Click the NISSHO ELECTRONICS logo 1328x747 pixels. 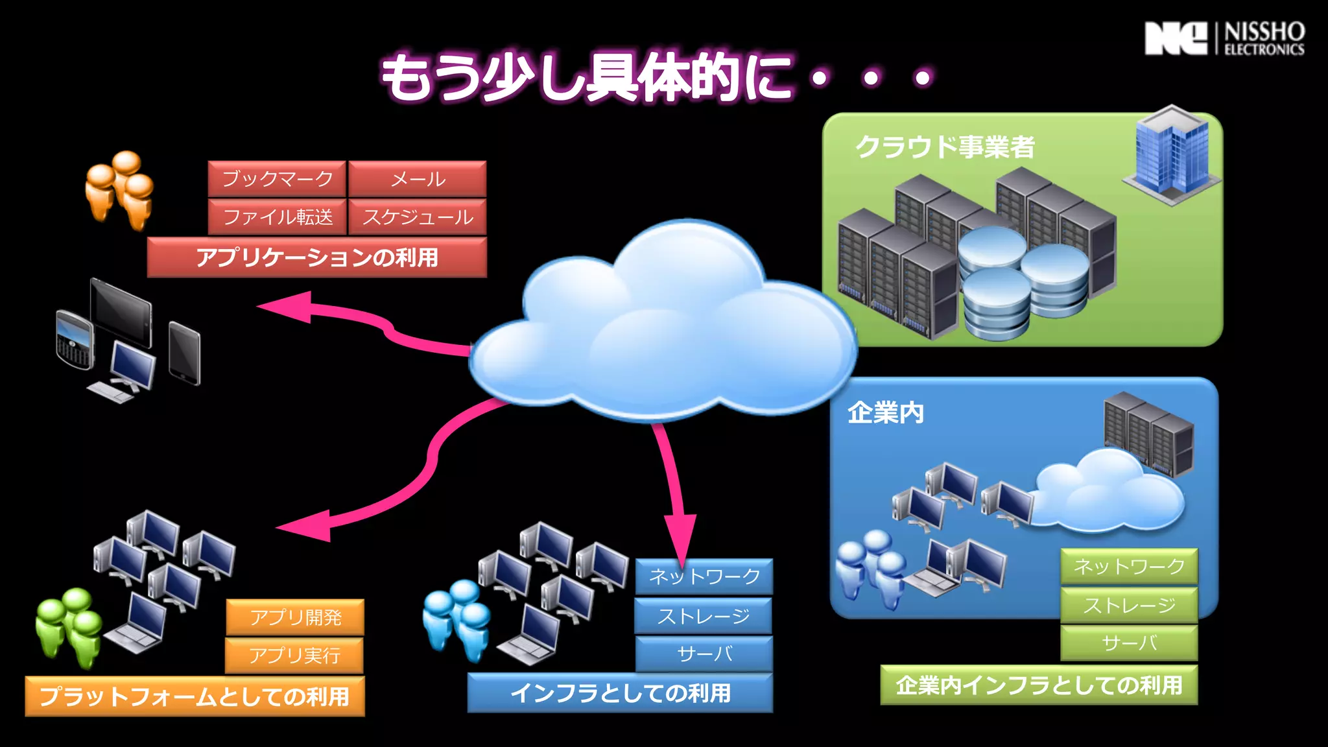[x=1224, y=39]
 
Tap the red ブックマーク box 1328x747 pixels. [x=277, y=179]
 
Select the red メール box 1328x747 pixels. [x=418, y=179]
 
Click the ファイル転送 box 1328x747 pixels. [x=277, y=217]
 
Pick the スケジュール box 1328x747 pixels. [x=418, y=217]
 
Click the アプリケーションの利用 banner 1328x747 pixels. [x=317, y=257]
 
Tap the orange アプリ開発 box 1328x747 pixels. [x=295, y=617]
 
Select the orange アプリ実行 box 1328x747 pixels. [x=294, y=656]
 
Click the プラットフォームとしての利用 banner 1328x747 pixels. [x=195, y=696]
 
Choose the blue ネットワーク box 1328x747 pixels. [x=704, y=576]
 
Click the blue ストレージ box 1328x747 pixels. [x=704, y=616]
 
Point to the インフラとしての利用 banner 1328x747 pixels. [x=620, y=693]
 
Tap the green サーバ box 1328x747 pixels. [x=1129, y=643]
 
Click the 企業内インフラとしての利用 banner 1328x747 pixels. [x=1039, y=685]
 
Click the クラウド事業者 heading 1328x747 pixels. [x=945, y=147]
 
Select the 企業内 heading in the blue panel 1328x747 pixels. [x=885, y=413]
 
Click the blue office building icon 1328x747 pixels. [x=1171, y=154]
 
